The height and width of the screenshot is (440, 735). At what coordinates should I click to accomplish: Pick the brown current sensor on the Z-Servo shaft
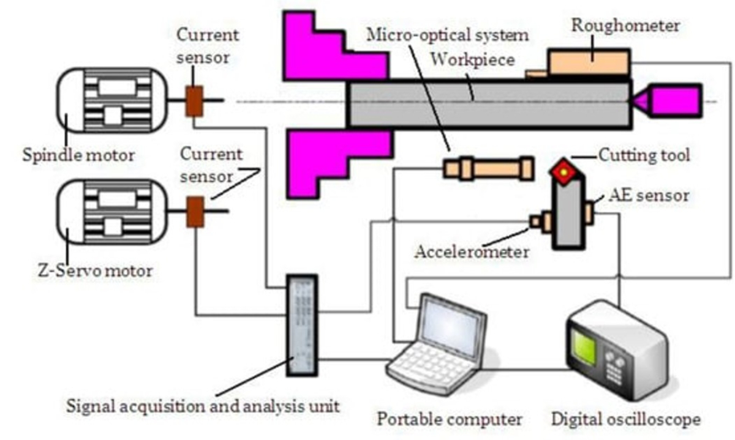(195, 211)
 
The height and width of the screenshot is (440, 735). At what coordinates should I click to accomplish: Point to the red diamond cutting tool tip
(562, 173)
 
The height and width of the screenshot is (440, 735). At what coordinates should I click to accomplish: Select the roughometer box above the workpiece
(588, 63)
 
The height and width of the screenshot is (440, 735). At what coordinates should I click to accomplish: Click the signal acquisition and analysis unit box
(302, 326)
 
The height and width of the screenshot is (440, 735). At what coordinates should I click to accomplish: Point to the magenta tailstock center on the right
(674, 101)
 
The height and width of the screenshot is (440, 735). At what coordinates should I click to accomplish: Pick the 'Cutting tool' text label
(644, 155)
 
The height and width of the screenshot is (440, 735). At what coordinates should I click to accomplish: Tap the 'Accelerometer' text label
(472, 251)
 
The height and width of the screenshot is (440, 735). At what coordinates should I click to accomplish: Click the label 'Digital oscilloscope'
(625, 420)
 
